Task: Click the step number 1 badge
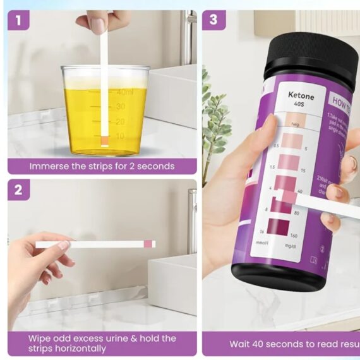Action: [x=19, y=20]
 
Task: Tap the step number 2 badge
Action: [x=18, y=190]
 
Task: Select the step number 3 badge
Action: [x=213, y=20]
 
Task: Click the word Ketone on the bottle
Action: [x=301, y=95]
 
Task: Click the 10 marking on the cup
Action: [x=119, y=136]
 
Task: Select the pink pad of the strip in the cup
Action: [x=104, y=139]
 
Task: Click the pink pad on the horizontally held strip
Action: [x=148, y=244]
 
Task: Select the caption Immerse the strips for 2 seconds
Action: [x=102, y=166]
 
